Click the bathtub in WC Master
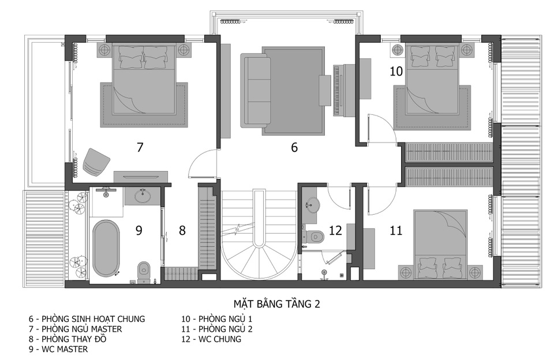[106, 247]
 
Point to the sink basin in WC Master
[143, 196]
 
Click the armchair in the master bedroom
[96, 161]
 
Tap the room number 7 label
[140, 147]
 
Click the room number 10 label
[396, 72]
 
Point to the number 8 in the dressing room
[182, 231]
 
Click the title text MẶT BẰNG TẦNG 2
[276, 304]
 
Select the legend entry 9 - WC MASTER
[58, 350]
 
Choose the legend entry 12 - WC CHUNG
[211, 339]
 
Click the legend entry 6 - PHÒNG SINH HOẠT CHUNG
[87, 319]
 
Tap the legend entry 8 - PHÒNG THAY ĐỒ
[68, 339]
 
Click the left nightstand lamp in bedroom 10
[397, 50]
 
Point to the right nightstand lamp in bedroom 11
[474, 272]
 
